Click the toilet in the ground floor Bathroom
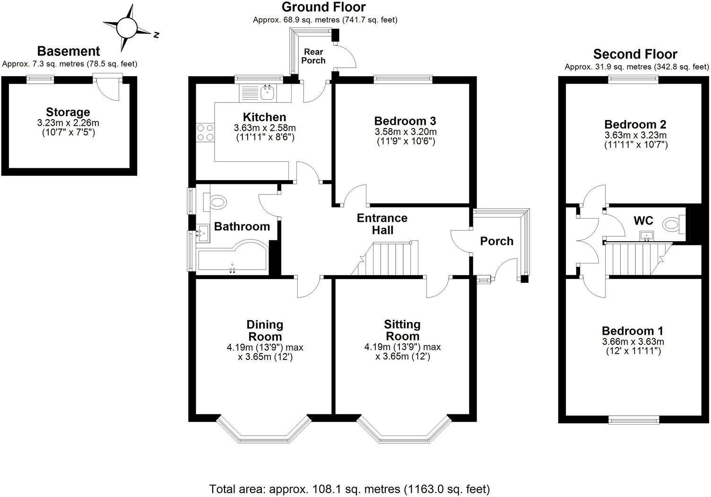click(x=217, y=203)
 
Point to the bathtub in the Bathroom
click(x=232, y=262)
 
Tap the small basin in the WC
click(x=647, y=236)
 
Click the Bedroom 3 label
click(x=405, y=120)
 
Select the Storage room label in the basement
click(x=68, y=112)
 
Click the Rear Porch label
click(x=314, y=56)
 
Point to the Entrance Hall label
click(x=382, y=224)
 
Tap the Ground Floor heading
click(x=323, y=7)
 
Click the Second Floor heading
click(x=635, y=54)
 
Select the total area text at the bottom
click(x=349, y=488)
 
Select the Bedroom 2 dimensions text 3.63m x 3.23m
click(x=635, y=135)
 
